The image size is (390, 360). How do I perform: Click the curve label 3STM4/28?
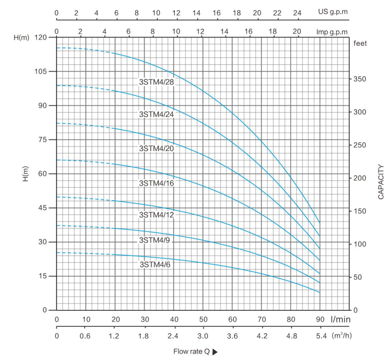[156, 82]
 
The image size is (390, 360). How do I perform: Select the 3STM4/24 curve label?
[156, 115]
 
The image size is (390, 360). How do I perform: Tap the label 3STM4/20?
[156, 149]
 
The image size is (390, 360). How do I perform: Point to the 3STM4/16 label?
[156, 184]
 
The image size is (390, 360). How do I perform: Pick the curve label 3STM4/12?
[156, 215]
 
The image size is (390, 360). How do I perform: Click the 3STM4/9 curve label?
[154, 240]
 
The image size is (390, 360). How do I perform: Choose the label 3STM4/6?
[154, 265]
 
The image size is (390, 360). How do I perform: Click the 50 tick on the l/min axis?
[203, 320]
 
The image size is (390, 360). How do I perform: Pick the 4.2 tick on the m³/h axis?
[261, 336]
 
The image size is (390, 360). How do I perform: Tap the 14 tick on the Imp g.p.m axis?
[224, 32]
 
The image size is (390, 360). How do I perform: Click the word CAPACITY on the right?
[381, 182]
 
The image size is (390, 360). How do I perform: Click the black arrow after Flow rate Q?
[215, 352]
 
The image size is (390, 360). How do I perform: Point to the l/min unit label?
[340, 319]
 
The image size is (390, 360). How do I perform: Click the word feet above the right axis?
[361, 43]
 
